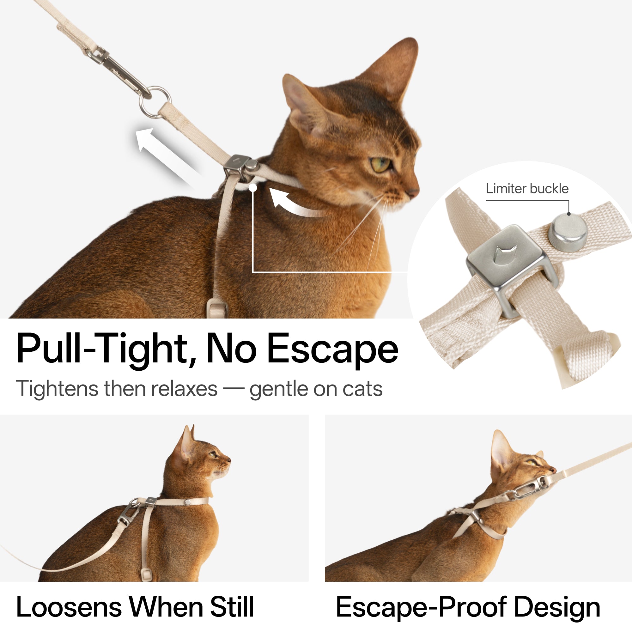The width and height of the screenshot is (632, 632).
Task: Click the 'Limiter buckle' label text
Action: point(527,189)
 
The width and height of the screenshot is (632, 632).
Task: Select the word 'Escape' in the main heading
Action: point(332,349)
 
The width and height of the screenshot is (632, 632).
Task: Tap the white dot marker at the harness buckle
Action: point(252,188)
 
